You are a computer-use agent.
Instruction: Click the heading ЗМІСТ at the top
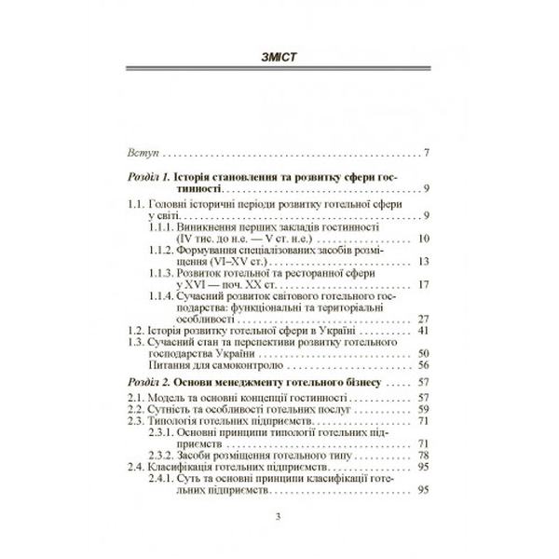(279, 61)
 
